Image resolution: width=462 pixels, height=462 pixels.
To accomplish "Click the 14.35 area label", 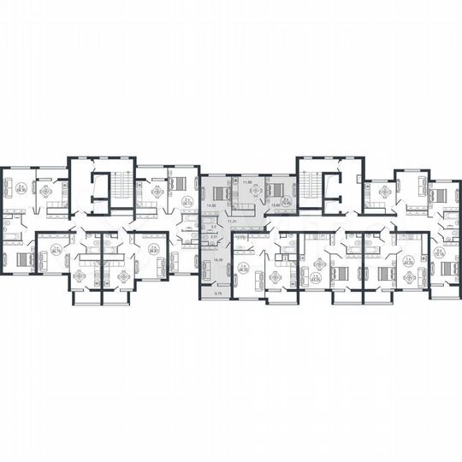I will [x=210, y=206].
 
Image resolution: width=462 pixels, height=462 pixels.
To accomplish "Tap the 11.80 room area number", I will [x=248, y=181].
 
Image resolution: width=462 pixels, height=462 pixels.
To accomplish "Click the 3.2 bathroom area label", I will [x=213, y=227].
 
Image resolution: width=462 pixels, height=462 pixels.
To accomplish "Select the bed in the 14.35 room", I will [x=219, y=192].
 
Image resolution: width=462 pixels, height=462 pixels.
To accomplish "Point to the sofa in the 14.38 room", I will [x=205, y=267].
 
